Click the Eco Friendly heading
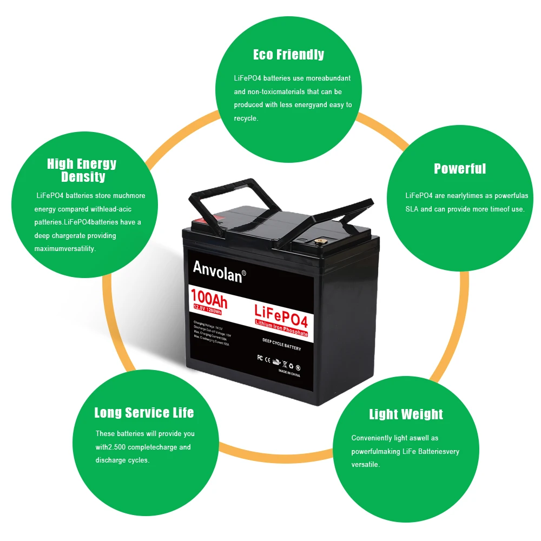pyautogui.click(x=288, y=55)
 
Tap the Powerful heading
pyautogui.click(x=460, y=169)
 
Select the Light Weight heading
pyautogui.click(x=406, y=414)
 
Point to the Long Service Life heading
pyautogui.click(x=144, y=413)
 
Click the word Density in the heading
pyautogui.click(x=83, y=177)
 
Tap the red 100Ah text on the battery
pyautogui.click(x=208, y=297)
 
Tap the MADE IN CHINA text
pyautogui.click(x=289, y=373)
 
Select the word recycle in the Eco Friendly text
pyautogui.click(x=246, y=118)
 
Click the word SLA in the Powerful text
pyautogui.click(x=412, y=209)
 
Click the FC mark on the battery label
pyautogui.click(x=259, y=358)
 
